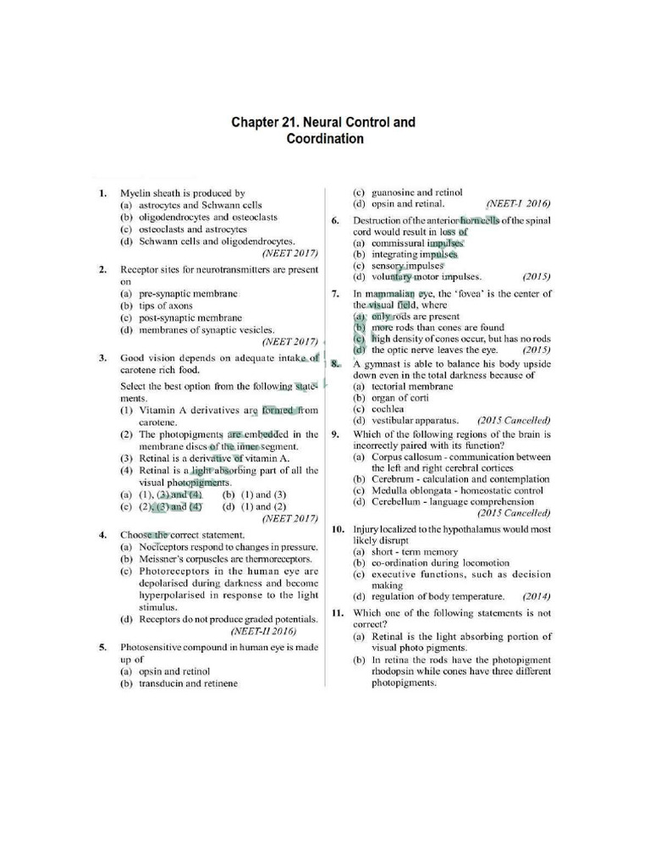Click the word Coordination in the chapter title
coord(324,140)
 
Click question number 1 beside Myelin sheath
coord(102,193)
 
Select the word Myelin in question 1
coord(135,193)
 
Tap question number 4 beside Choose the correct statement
coord(102,535)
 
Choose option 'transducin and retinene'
coord(188,682)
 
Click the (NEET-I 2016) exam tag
coord(518,204)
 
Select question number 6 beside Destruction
coord(336,220)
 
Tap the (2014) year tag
coord(537,595)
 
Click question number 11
coord(336,612)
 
